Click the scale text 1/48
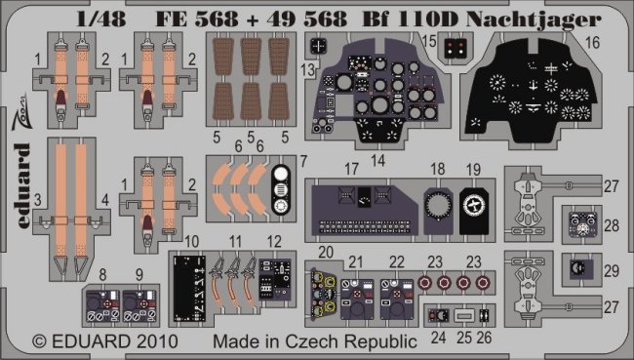click(x=101, y=19)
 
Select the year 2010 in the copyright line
click(x=156, y=341)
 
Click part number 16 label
click(x=592, y=43)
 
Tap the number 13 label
click(x=307, y=69)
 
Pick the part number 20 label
click(x=326, y=252)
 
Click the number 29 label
click(x=612, y=270)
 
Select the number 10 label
click(x=191, y=242)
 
